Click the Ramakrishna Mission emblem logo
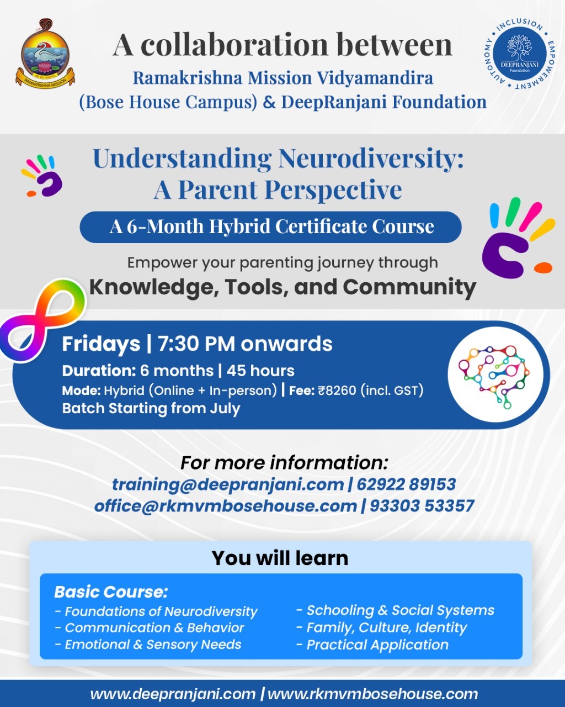45,54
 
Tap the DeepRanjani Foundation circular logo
520,54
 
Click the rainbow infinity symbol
42,320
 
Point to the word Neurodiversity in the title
371,159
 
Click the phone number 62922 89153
407,484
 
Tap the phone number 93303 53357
422,506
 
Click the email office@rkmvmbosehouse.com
226,506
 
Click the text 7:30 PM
196,344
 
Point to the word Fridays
101,345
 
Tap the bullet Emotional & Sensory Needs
148,645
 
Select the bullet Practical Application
372,645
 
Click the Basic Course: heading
111,592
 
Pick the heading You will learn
280,558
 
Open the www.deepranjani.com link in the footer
173,694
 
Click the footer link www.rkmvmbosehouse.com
372,694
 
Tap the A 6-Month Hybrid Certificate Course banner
270,227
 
